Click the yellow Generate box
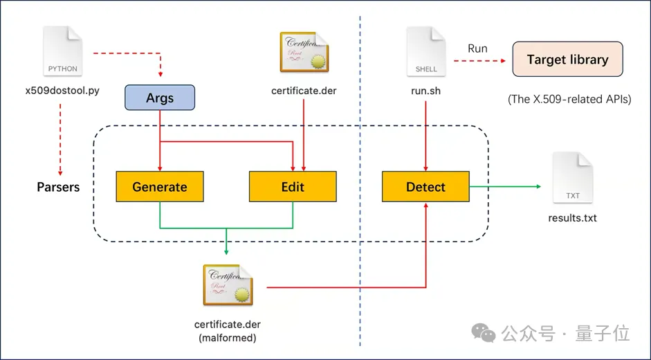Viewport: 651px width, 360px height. click(x=160, y=187)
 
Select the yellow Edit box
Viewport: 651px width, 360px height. click(x=293, y=187)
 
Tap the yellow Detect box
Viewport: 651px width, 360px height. click(x=425, y=187)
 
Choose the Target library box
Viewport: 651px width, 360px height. click(x=567, y=60)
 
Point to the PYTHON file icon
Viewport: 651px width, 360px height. click(x=63, y=51)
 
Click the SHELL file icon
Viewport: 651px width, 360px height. click(x=426, y=51)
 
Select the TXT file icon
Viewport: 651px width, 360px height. click(x=573, y=178)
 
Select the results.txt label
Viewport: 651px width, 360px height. click(x=573, y=219)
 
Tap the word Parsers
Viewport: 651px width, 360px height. click(x=58, y=187)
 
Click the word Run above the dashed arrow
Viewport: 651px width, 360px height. click(x=477, y=48)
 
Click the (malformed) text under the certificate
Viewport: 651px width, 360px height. click(x=228, y=337)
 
